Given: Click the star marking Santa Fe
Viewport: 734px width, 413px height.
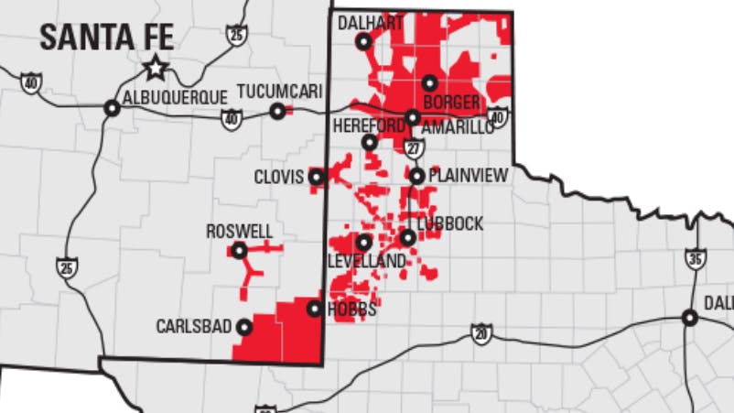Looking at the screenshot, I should [x=156, y=67].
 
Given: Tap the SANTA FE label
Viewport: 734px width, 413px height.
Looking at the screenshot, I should [x=107, y=38].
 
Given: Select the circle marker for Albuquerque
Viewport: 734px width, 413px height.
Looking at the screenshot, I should [x=112, y=108].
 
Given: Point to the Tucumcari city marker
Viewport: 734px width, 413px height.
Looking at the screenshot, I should [x=277, y=112].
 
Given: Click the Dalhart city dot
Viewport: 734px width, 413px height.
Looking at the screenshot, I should [x=364, y=41].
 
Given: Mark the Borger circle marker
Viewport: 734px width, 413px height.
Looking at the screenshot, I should [x=429, y=83].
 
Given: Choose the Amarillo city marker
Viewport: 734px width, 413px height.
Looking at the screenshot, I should [x=413, y=117].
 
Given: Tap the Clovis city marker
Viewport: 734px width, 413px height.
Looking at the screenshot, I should [x=317, y=176].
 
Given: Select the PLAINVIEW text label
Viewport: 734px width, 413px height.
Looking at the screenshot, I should [x=468, y=175].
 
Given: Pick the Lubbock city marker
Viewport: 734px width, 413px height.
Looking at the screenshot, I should [x=407, y=237].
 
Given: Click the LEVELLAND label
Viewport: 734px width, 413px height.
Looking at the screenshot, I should [x=366, y=262].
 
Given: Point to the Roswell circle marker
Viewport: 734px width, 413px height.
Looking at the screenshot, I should [x=239, y=250].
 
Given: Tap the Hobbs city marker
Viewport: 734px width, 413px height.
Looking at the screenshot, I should [x=314, y=310].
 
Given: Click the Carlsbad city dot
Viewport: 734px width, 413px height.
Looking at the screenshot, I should [x=244, y=326].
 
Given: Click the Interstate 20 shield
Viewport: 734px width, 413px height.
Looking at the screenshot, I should [x=481, y=333].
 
